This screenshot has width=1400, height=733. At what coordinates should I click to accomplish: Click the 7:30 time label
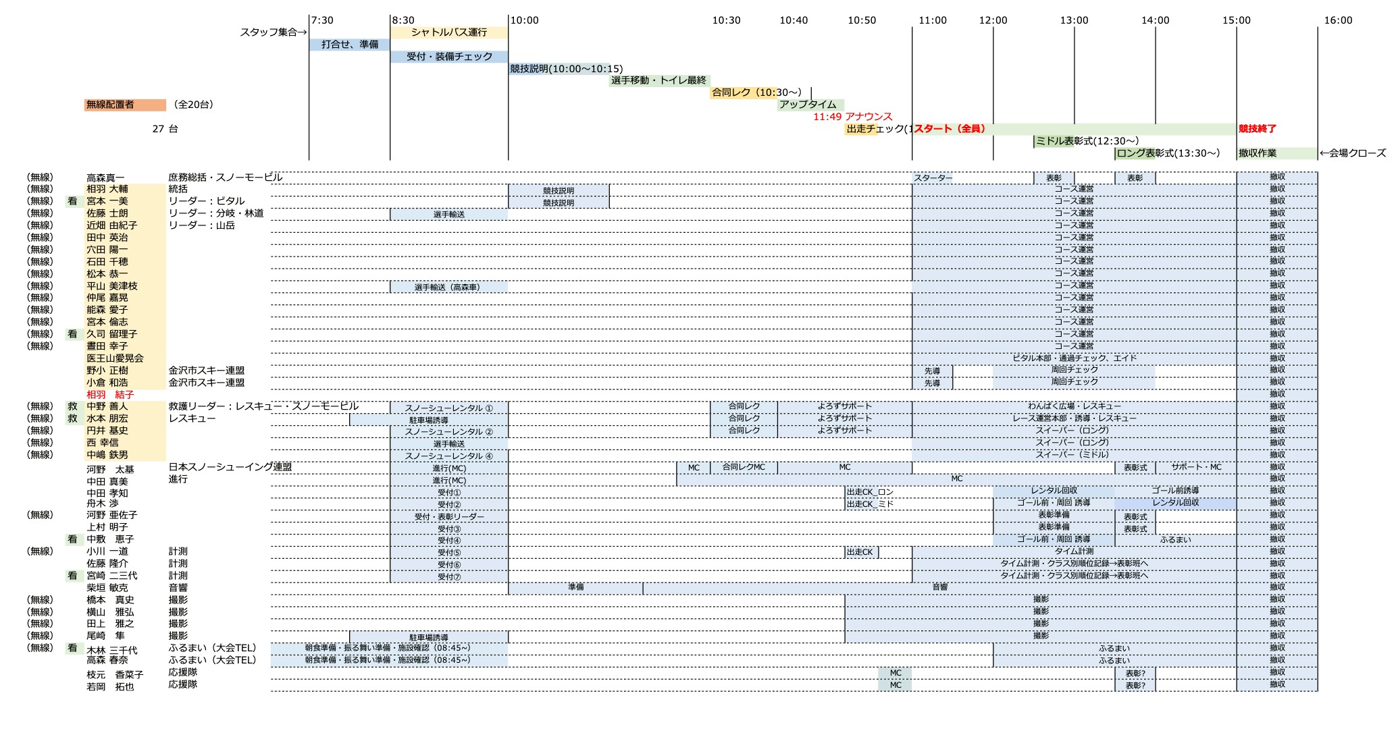pos(322,20)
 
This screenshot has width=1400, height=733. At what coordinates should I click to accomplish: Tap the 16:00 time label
pos(1338,20)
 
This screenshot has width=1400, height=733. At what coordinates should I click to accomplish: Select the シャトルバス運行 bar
pos(449,32)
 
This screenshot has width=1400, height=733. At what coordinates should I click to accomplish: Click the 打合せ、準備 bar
pos(349,45)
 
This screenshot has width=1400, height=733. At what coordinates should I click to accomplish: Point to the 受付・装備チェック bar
pos(449,57)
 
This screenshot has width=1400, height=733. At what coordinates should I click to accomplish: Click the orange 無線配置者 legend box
pos(125,105)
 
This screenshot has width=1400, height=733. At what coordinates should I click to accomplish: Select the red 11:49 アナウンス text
pos(852,117)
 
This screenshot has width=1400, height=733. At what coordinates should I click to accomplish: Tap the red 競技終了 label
pos(1257,129)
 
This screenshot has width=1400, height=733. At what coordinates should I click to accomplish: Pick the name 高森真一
pos(106,178)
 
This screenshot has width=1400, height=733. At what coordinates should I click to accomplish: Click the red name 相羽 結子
pos(110,395)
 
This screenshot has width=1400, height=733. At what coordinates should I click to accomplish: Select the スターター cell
pos(933,178)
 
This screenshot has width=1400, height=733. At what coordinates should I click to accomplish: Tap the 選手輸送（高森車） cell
pos(448,288)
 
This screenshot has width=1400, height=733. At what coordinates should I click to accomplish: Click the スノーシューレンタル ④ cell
pos(448,456)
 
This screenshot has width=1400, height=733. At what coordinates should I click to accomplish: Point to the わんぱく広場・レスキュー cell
pos(1074,406)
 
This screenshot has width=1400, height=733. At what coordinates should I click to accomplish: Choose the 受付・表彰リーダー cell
pos(448,517)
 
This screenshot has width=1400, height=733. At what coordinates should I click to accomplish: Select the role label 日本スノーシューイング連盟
pos(230,467)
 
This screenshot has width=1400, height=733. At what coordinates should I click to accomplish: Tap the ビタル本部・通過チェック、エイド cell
pos(1074,358)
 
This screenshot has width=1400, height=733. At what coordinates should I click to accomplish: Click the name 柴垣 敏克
pos(107,588)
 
